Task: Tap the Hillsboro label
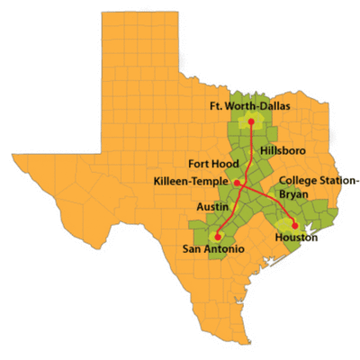coord(278,147)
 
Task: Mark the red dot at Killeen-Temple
coord(237,184)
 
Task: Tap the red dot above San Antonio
coord(219,232)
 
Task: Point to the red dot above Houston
coord(294,224)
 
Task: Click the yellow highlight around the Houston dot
coord(285,221)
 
